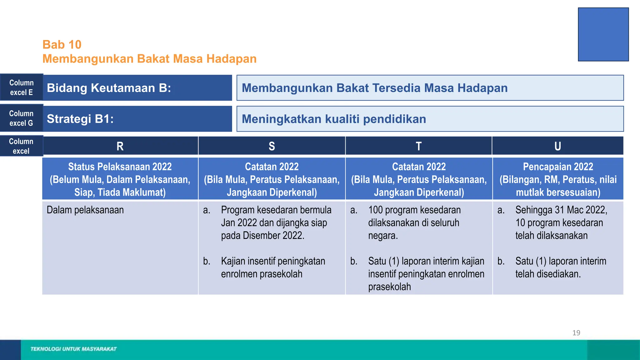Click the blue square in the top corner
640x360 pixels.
[603, 34]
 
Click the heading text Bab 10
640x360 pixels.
[62, 45]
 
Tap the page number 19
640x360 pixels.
[576, 333]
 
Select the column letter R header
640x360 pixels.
[120, 146]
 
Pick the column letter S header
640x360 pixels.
[272, 146]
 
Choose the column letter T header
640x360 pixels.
[418, 146]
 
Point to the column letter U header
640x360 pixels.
[557, 146]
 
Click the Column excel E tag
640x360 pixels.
[21, 87]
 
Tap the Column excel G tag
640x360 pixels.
[21, 118]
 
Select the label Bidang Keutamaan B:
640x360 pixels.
[109, 88]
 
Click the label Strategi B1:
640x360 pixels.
[80, 119]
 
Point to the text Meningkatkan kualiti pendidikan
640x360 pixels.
[334, 119]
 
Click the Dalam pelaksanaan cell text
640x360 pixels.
[85, 210]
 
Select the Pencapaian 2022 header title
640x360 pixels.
[558, 167]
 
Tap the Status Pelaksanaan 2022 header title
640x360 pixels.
[120, 167]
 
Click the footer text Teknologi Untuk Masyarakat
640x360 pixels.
[73, 349]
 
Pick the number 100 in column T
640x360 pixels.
[376, 210]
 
